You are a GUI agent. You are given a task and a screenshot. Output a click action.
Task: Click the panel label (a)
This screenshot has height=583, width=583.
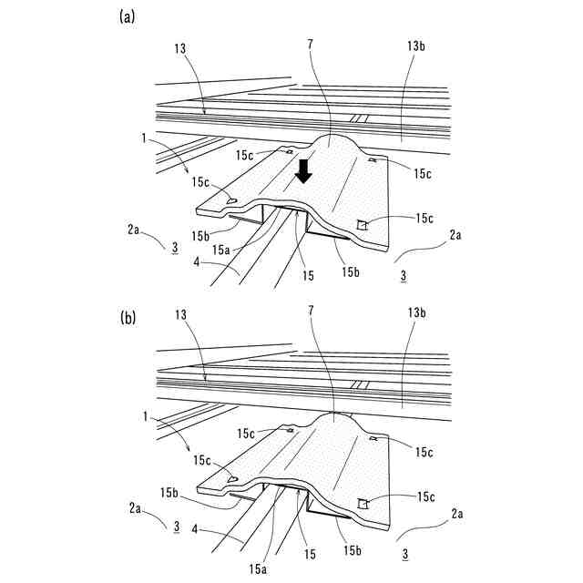click(x=129, y=15)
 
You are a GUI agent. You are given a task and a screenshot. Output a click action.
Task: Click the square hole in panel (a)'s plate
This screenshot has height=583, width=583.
click(x=363, y=224)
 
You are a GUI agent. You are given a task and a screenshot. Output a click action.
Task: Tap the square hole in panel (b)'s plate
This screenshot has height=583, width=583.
click(x=363, y=502)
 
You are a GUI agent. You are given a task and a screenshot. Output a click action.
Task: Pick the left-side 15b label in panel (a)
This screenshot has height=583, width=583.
click(x=202, y=236)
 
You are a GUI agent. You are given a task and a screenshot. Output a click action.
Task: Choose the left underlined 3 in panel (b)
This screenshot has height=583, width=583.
click(x=176, y=526)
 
